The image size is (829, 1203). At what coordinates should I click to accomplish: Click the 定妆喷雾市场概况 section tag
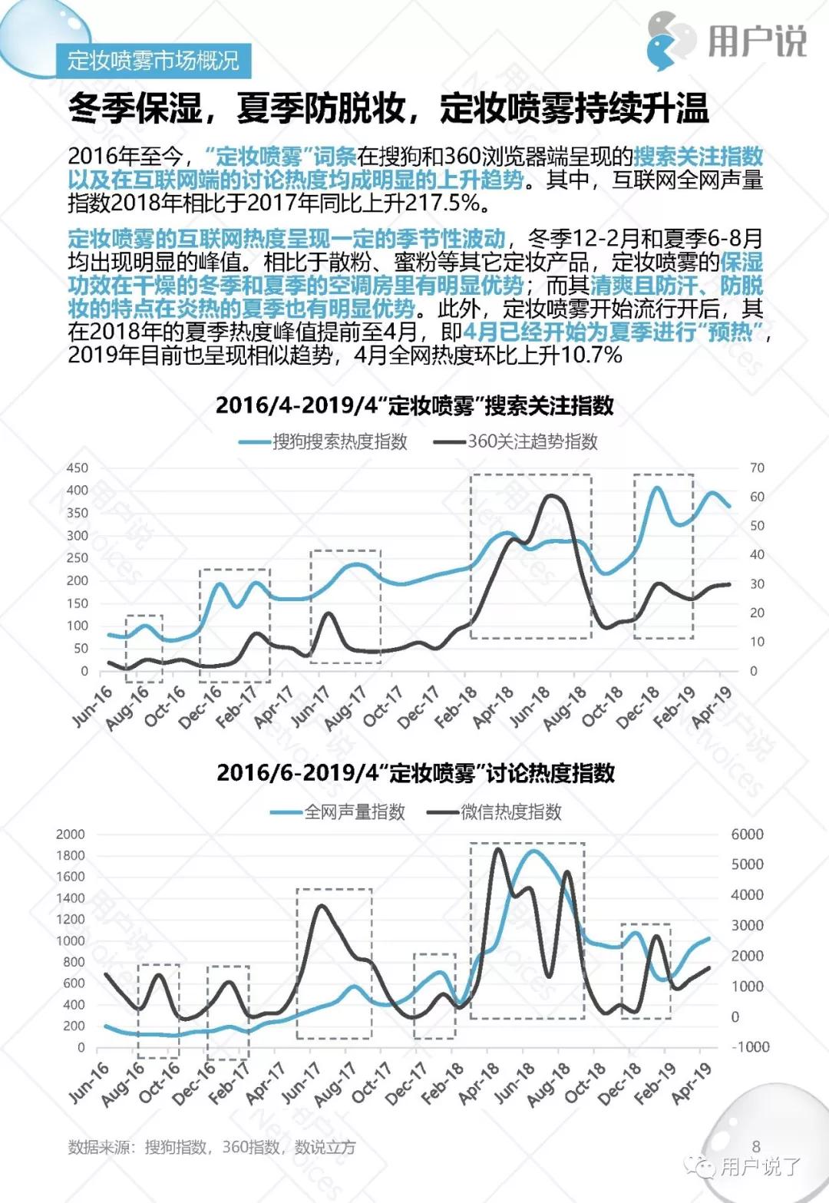click(x=153, y=60)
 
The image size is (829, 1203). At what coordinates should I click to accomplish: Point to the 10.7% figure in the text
click(x=591, y=355)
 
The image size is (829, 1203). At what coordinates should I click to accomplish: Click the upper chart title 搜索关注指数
click(x=414, y=405)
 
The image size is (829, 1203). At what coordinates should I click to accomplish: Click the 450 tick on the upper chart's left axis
click(x=78, y=468)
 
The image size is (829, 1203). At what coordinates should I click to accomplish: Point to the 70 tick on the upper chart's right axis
click(x=757, y=468)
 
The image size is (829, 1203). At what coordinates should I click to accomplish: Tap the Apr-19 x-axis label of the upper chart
click(x=712, y=707)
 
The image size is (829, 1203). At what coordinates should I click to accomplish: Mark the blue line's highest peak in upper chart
click(x=657, y=487)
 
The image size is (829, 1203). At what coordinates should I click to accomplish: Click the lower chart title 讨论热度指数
click(x=415, y=772)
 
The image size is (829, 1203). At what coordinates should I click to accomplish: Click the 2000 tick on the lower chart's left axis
click(x=71, y=834)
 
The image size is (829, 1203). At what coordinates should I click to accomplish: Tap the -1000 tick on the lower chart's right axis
click(x=750, y=1046)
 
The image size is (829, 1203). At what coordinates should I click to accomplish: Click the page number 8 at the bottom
click(x=756, y=1146)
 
